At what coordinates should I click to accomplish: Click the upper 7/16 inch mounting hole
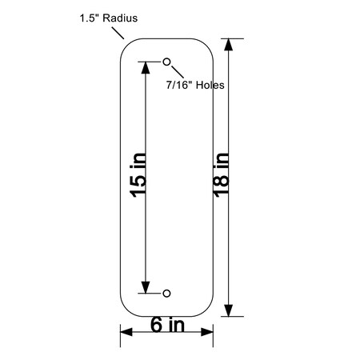166,62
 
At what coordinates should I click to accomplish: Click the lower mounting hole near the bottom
166,294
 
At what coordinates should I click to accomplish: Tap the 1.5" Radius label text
109,17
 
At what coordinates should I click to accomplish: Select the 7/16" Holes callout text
194,84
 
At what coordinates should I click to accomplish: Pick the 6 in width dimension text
167,325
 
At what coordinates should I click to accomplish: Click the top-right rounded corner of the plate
206,45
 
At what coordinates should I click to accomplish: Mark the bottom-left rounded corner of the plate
126,310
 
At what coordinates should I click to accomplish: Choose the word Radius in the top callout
121,17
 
